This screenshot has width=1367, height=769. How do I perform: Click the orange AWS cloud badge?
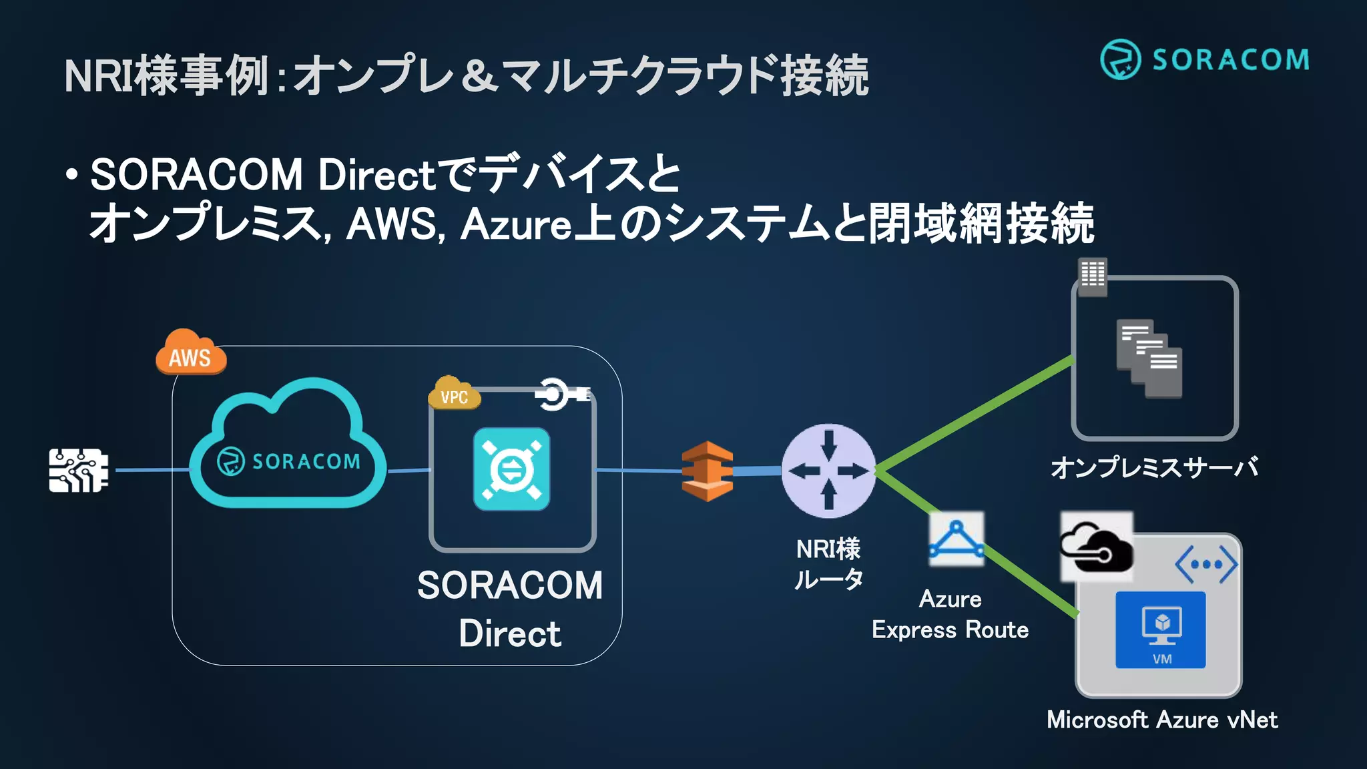[x=191, y=352]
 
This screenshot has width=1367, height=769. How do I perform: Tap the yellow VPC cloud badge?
[x=454, y=393]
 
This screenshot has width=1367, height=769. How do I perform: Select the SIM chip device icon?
[x=79, y=471]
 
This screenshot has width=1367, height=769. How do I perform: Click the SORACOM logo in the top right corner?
[x=1205, y=59]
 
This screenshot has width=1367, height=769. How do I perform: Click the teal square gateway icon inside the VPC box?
[x=511, y=469]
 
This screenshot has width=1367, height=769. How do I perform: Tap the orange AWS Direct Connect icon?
[x=707, y=471]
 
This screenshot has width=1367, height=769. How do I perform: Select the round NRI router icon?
[x=828, y=471]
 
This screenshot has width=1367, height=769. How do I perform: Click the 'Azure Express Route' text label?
[x=950, y=615]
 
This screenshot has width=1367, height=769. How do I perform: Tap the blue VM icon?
[x=1161, y=629]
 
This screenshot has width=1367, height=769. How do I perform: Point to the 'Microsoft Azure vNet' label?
[x=1162, y=720]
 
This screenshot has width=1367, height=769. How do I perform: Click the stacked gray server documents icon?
[x=1149, y=359]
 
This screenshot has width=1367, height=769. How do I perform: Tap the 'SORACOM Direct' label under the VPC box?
[x=510, y=609]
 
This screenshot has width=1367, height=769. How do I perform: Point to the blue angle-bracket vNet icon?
[x=1206, y=565]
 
